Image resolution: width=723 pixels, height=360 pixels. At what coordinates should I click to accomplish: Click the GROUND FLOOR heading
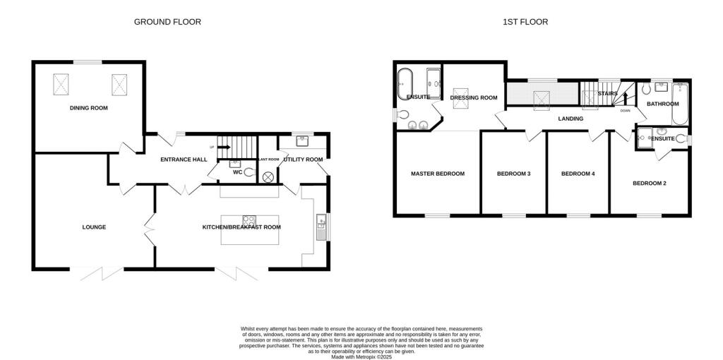167,22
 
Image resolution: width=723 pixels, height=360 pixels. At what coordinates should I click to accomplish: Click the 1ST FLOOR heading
525,22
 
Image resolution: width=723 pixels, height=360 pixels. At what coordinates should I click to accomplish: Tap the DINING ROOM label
88,107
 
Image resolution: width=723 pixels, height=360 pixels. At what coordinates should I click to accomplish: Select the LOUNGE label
94,227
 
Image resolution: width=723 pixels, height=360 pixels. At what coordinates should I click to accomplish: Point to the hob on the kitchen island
249,220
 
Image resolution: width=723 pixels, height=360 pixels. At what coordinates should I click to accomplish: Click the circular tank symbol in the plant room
268,177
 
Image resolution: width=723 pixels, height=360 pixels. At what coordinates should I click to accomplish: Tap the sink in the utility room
302,140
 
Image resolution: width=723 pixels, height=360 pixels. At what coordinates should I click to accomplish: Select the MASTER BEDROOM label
438,173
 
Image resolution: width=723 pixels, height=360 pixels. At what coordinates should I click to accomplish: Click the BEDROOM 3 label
513,173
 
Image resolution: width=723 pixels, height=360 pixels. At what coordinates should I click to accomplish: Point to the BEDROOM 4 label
578,173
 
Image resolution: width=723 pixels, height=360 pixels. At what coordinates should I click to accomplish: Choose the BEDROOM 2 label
649,183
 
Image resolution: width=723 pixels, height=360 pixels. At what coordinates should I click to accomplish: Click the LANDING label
570,119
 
